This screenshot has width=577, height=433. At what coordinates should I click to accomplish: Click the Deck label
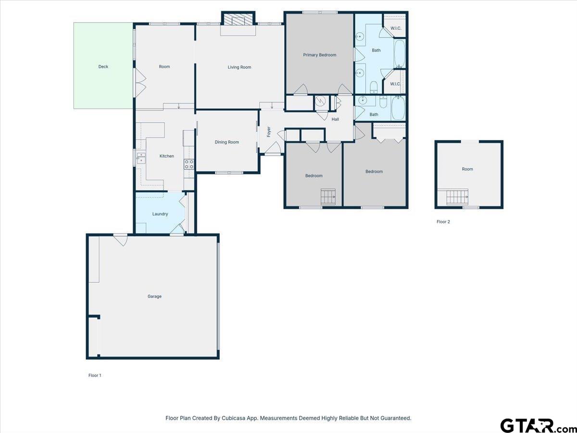click(x=103, y=67)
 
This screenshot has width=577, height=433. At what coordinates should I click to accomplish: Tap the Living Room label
click(x=239, y=67)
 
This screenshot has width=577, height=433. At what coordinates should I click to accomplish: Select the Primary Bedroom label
click(x=319, y=55)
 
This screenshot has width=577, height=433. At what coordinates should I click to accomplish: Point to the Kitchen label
click(x=167, y=156)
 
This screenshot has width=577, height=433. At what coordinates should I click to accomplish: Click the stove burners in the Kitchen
click(x=189, y=165)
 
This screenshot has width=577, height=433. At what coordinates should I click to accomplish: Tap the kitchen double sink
click(x=141, y=157)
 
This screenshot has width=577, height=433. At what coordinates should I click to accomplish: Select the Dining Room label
click(x=227, y=142)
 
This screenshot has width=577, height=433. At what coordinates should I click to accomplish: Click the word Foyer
click(x=269, y=132)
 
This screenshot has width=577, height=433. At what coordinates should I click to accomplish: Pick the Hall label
click(x=335, y=119)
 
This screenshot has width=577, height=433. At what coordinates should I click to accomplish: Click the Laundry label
click(x=160, y=214)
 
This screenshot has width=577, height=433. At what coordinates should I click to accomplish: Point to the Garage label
click(x=154, y=296)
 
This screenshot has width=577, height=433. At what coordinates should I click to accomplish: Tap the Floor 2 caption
click(x=443, y=222)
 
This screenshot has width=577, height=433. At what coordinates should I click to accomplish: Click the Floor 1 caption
click(x=95, y=375)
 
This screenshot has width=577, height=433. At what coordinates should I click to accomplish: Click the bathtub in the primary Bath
click(x=400, y=54)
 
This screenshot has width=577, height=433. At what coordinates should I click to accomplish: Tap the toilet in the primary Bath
click(x=374, y=87)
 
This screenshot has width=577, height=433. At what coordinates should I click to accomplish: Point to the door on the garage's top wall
click(x=120, y=240)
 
